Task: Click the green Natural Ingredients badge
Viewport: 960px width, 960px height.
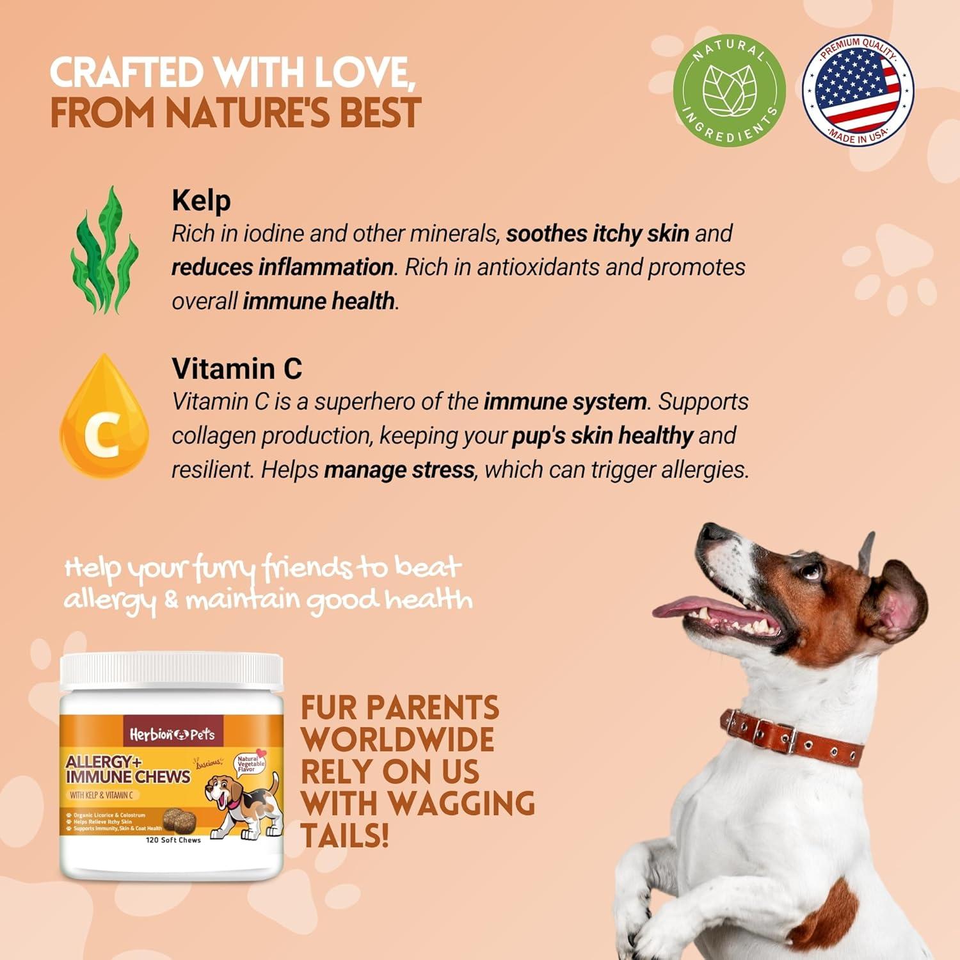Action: point(729,90)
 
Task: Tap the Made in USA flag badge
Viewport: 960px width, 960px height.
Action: point(858,90)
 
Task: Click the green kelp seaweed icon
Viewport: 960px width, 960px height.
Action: point(104,250)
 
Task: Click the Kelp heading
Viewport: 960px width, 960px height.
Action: point(201,201)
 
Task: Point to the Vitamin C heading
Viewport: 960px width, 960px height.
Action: point(237,369)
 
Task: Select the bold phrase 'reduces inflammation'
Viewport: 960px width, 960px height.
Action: point(282,267)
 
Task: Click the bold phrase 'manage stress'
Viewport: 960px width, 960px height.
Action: point(399,470)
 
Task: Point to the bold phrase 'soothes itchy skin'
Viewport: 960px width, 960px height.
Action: point(597,234)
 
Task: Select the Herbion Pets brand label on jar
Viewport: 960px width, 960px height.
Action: point(172,734)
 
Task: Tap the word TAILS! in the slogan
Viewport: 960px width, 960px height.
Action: point(345,836)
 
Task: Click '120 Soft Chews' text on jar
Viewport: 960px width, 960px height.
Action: point(173,840)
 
